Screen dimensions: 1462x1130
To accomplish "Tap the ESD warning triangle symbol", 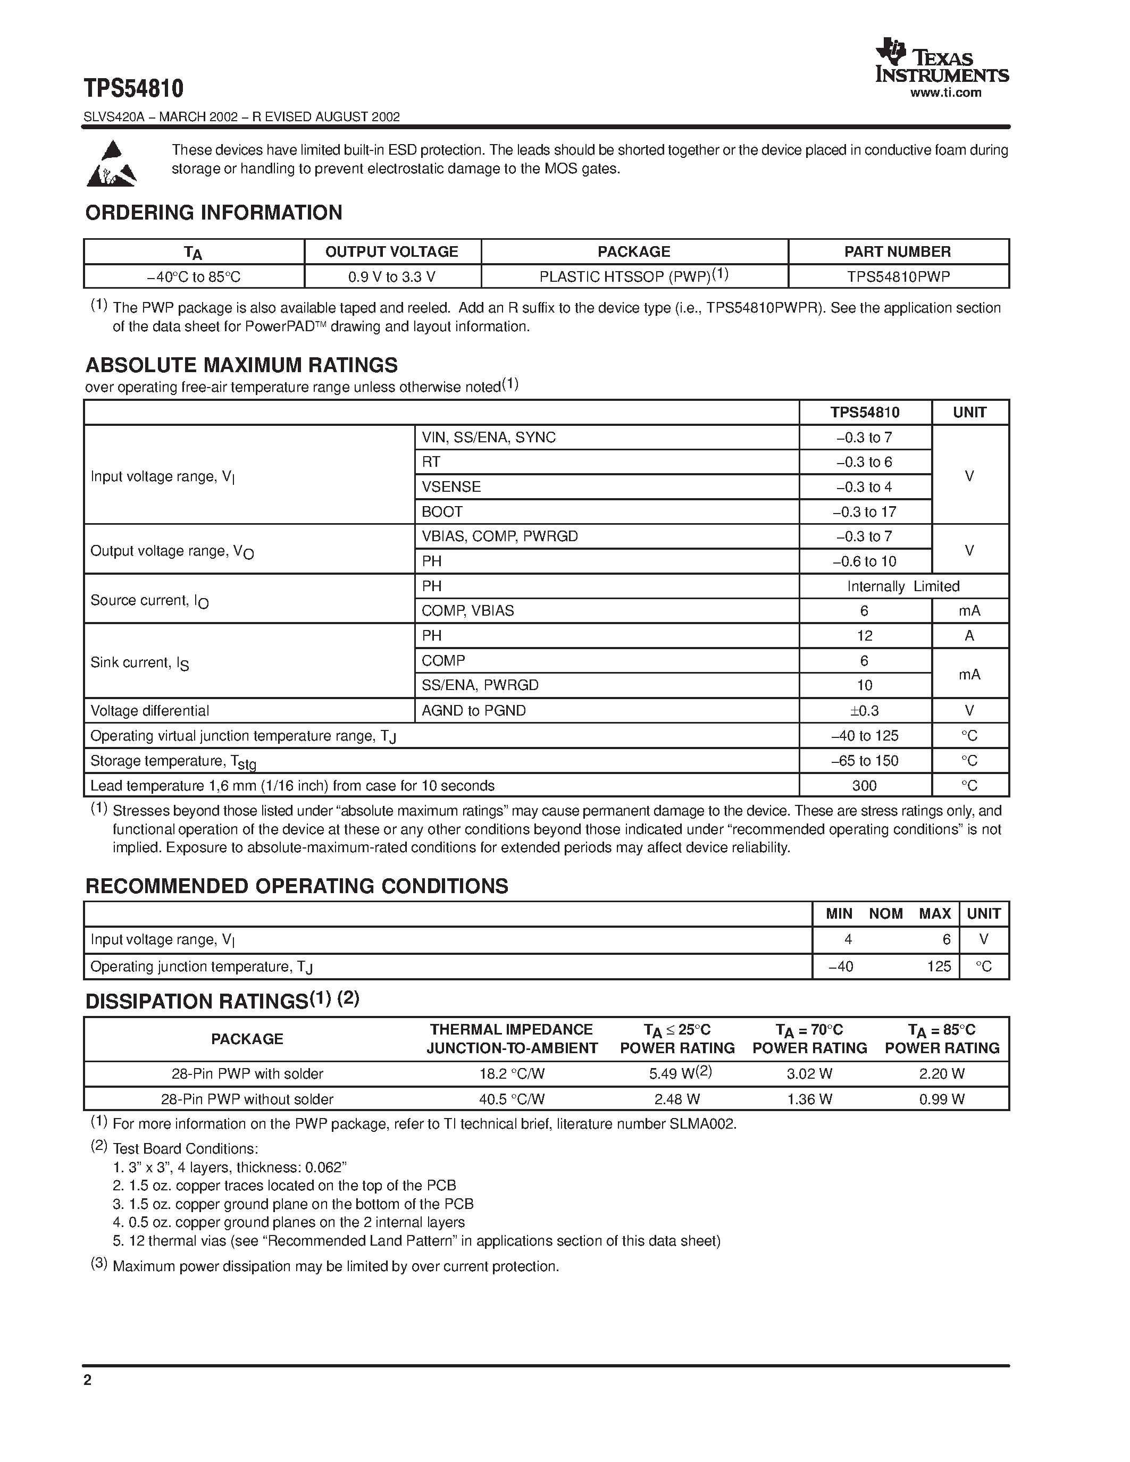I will coord(112,164).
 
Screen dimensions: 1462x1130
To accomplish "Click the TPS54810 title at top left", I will coord(133,88).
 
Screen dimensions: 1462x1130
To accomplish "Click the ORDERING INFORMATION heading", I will coord(214,213).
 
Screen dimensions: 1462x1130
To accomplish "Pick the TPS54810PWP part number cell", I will coord(898,276).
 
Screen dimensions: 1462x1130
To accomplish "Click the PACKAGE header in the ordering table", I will coord(633,251).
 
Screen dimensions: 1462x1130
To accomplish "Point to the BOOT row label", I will coord(442,511).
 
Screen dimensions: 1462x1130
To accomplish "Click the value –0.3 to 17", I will coord(864,512).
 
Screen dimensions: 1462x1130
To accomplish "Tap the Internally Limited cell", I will coord(902,586).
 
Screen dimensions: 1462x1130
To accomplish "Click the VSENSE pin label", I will coord(450,486).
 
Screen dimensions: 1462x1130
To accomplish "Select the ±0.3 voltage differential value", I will coord(864,711).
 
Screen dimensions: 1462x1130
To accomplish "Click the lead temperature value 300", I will coord(864,786).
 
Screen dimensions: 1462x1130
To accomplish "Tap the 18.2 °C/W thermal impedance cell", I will coord(512,1074).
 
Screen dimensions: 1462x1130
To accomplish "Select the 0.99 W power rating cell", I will coord(941,1099).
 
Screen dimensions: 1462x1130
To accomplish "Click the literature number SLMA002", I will coord(702,1124).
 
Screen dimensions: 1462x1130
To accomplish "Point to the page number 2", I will coord(88,1380).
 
